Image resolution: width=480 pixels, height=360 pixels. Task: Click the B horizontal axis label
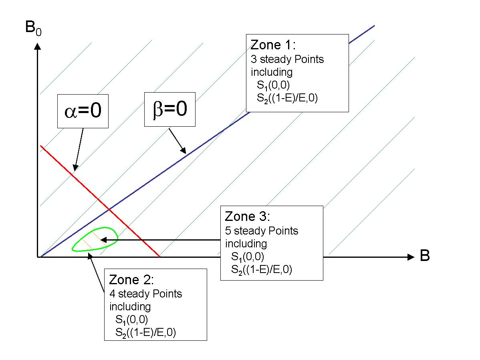point(425,256)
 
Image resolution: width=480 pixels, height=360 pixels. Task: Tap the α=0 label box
point(83,111)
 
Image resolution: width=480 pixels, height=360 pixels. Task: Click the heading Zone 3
point(247,216)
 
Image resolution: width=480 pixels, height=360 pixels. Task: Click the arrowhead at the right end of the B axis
point(410,257)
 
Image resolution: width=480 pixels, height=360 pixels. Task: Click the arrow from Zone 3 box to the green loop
point(160,240)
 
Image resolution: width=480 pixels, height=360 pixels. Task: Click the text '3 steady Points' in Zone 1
point(287,59)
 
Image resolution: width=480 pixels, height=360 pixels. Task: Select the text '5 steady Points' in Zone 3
point(261,231)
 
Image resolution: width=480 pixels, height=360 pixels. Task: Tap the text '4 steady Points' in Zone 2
point(145,294)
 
